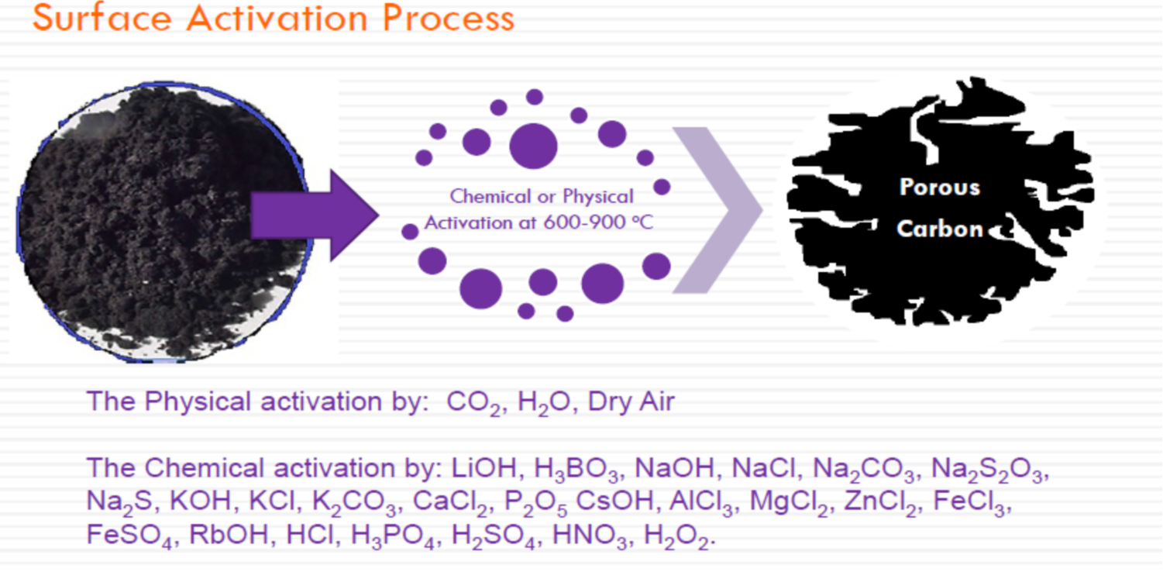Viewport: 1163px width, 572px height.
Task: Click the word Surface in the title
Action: coord(102,18)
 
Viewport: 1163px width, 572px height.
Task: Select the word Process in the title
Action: coord(449,18)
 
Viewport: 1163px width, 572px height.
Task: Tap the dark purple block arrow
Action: coord(315,215)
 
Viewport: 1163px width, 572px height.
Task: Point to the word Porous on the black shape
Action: coord(940,187)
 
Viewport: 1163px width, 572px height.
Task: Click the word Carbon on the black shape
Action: coord(940,229)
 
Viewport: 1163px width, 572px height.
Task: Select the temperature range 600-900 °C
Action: coord(598,223)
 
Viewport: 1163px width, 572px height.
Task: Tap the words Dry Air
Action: coord(631,401)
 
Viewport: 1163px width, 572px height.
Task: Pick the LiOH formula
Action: coord(484,467)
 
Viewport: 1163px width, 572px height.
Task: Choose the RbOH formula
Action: coord(229,535)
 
